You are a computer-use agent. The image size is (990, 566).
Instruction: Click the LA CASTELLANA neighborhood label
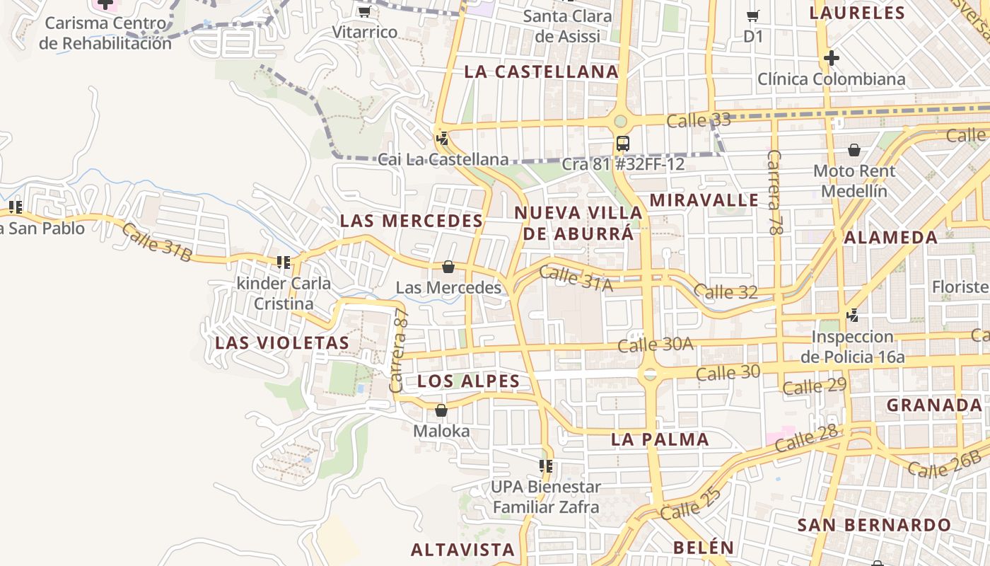[542, 71]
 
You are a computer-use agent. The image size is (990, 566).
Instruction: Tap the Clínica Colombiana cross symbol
[832, 57]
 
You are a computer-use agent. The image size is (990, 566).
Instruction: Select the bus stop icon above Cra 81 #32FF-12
[622, 144]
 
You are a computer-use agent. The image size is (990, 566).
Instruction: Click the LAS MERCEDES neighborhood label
[412, 221]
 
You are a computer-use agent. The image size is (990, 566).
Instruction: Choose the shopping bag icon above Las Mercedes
[448, 267]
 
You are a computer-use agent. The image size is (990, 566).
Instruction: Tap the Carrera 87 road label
[399, 350]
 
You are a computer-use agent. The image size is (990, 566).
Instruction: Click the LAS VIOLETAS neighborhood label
[282, 343]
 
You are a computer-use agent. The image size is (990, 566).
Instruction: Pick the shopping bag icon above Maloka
[441, 410]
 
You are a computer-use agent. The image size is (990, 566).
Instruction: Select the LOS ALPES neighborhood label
[469, 381]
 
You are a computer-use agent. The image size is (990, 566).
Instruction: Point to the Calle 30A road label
[656, 345]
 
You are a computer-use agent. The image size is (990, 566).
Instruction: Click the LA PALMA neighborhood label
[660, 439]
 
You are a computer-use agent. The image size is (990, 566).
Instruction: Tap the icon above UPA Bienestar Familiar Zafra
[546, 466]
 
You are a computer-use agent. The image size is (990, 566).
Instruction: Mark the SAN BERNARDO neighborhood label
[874, 525]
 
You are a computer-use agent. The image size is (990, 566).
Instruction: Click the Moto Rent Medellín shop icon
[854, 150]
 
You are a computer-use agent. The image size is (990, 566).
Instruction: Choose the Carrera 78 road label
[776, 191]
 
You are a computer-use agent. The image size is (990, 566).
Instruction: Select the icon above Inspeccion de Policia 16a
[853, 315]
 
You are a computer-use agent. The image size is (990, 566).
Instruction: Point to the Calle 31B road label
[156, 242]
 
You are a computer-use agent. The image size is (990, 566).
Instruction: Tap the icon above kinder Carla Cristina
[284, 262]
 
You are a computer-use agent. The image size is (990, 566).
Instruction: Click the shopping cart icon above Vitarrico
[364, 11]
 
